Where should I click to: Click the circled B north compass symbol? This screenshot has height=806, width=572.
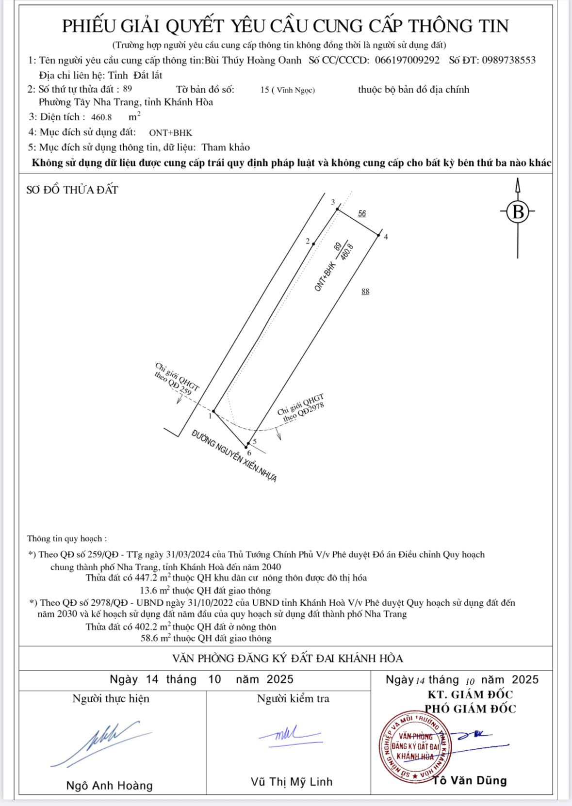tap(518, 212)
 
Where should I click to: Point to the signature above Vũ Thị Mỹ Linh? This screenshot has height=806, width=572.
tap(290, 734)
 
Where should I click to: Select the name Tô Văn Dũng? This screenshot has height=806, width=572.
tap(470, 780)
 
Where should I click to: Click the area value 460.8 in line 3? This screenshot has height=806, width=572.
tap(101, 117)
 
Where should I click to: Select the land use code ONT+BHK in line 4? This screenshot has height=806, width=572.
tap(170, 132)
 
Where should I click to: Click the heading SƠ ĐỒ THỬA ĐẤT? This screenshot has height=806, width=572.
tap(72, 190)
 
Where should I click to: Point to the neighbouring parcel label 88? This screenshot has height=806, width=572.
tap(365, 291)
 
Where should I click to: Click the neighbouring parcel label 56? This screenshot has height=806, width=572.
tap(362, 213)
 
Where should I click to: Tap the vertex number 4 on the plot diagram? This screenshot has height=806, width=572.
tap(386, 237)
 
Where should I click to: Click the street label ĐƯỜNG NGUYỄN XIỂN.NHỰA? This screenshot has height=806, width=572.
tap(234, 456)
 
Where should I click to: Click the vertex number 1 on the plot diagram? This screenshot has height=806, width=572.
tap(210, 416)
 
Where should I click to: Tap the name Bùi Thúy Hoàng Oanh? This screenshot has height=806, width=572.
tap(253, 60)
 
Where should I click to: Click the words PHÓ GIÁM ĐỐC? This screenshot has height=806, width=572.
tap(470, 709)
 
